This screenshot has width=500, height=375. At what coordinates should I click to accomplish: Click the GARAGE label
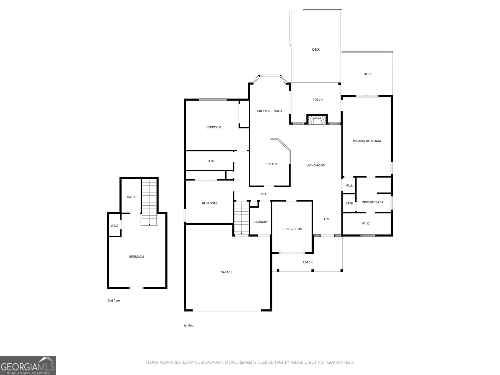tap(226, 272)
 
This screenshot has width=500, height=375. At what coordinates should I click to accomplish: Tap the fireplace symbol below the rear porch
tap(317, 119)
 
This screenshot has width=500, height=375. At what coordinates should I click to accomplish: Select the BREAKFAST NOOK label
tap(269, 111)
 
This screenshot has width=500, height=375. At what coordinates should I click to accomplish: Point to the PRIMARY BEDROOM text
tap(367, 141)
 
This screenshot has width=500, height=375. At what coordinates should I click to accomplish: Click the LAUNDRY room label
tap(261, 222)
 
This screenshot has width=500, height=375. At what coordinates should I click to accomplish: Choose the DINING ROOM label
tap(292, 229)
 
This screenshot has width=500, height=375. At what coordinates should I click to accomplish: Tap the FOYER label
tap(327, 219)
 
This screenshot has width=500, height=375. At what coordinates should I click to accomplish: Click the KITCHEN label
tap(271, 164)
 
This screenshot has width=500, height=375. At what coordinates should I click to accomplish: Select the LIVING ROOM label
tap(316, 165)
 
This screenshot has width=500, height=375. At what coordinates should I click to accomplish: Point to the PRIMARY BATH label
tap(372, 202)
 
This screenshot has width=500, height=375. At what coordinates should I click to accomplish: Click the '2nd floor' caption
tap(114, 301)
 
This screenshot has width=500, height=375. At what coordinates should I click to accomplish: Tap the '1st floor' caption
tap(189, 325)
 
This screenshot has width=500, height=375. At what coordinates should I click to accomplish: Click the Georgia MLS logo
tap(28, 365)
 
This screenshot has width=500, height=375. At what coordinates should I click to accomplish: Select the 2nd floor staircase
tap(149, 202)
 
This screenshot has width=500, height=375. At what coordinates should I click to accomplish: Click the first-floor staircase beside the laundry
tap(242, 218)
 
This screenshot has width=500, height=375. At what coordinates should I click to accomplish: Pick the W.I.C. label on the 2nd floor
tap(115, 226)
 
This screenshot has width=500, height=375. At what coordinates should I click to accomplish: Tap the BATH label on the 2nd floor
tap(131, 197)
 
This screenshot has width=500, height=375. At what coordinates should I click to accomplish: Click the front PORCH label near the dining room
tap(307, 262)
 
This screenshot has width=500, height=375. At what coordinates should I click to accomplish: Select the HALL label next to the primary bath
tap(349, 186)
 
